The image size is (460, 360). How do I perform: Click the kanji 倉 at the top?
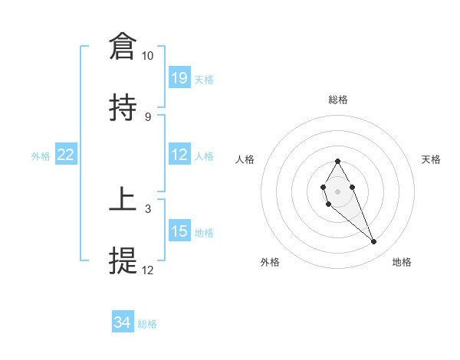[123, 47]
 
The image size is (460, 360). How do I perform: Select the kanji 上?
[123, 199]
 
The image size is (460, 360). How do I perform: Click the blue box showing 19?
[179, 78]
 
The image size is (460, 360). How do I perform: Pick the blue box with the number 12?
[179, 155]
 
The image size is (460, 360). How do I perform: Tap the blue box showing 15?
[179, 231]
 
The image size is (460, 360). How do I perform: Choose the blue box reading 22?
[66, 155]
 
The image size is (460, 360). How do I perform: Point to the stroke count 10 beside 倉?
[147, 56]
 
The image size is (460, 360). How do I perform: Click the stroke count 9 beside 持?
[147, 116]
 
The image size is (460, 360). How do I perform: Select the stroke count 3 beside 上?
[147, 208]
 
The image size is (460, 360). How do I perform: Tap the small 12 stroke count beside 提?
[147, 270]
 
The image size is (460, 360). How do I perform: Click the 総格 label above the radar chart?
[338, 100]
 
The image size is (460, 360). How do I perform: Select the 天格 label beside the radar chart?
[431, 159]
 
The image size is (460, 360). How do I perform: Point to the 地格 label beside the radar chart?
[402, 262]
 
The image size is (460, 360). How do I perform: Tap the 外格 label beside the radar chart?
[270, 262]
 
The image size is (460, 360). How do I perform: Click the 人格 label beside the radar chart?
[246, 159]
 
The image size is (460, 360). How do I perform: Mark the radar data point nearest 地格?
[374, 242]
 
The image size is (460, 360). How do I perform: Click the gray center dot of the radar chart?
[337, 190]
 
